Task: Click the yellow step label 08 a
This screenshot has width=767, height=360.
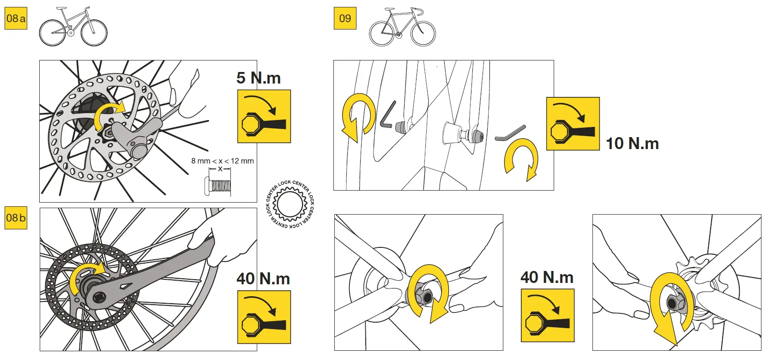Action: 16,18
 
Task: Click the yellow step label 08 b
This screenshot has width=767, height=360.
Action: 16,218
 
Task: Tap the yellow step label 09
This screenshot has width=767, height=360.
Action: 345,18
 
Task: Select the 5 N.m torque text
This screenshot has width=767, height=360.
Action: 259,78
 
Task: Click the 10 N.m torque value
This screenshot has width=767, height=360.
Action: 632,144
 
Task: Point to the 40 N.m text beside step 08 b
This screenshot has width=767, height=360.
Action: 263,279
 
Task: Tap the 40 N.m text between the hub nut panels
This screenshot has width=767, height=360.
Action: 547,277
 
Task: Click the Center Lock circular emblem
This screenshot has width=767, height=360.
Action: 290,204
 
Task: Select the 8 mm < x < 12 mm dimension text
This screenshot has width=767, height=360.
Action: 223,161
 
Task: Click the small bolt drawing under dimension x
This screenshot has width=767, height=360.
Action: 217,186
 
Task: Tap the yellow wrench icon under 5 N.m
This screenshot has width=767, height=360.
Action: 264,116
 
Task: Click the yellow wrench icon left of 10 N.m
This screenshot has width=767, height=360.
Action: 573,124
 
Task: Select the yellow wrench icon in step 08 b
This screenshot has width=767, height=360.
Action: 264,317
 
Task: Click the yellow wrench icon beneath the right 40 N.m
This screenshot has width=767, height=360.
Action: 547,315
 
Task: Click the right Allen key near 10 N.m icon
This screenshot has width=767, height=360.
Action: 510,133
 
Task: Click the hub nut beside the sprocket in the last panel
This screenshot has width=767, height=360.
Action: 672,303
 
